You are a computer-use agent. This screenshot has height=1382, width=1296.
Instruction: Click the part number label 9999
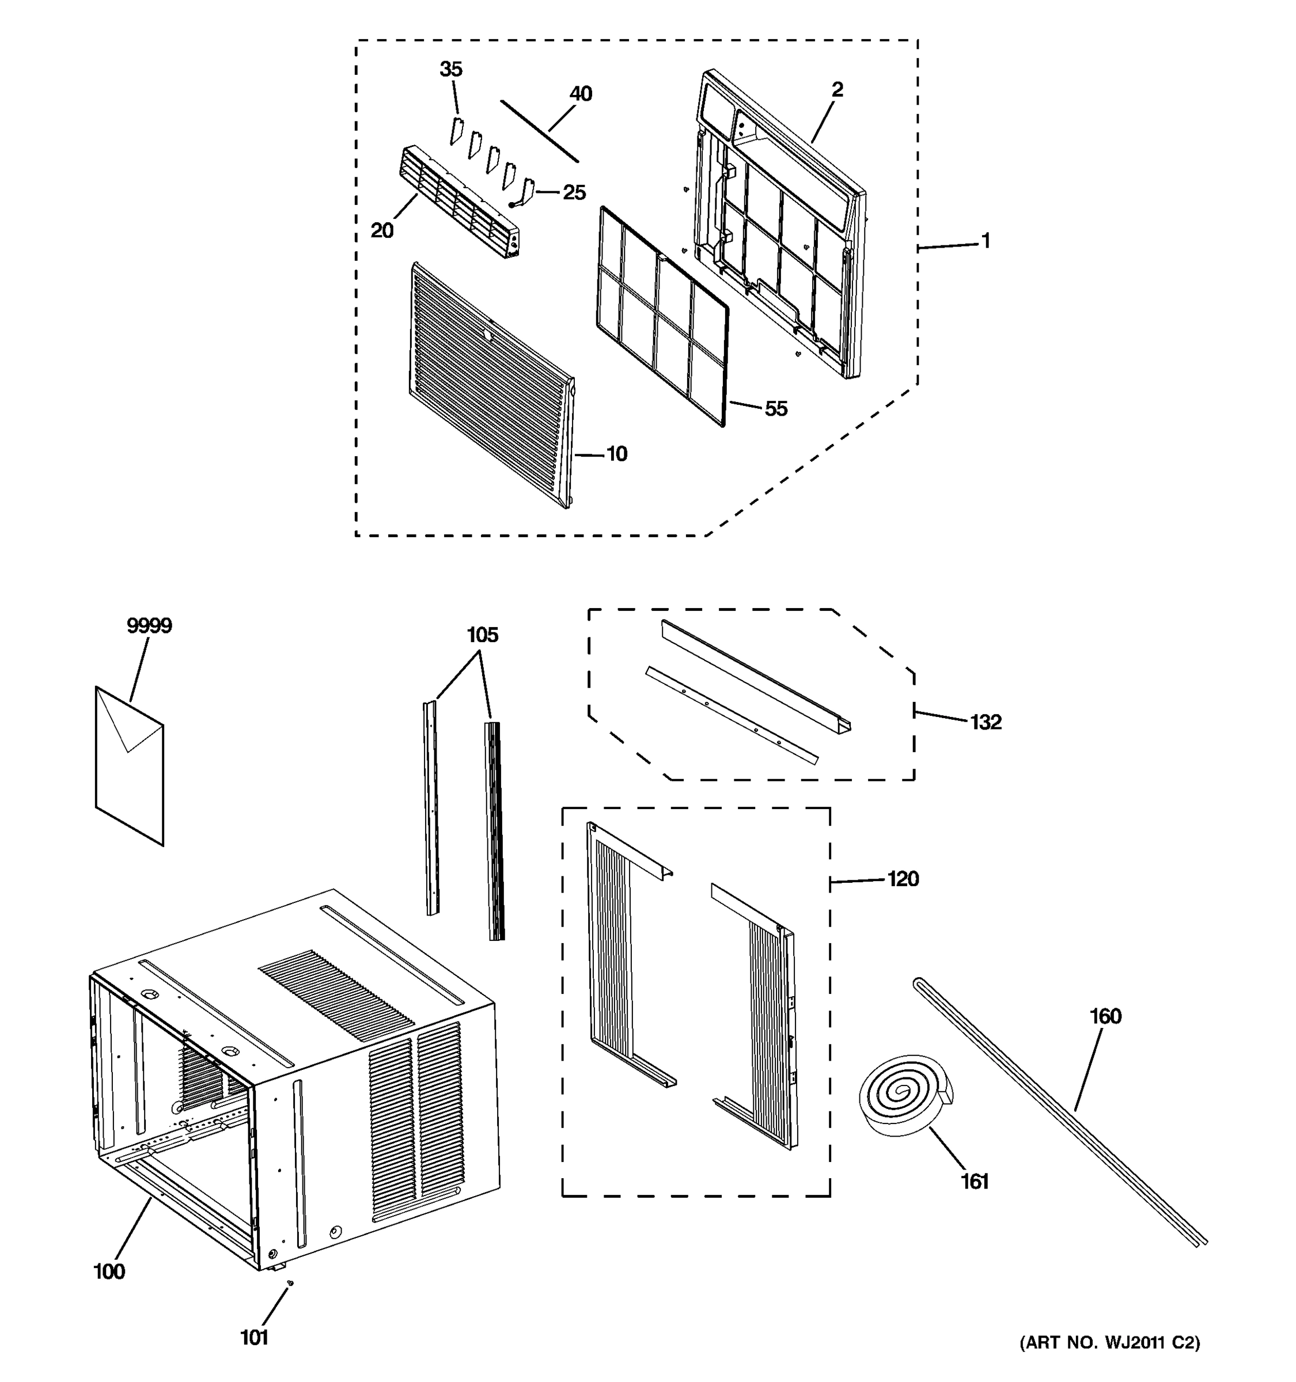(x=149, y=626)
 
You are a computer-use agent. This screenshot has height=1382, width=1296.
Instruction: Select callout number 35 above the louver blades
(x=450, y=69)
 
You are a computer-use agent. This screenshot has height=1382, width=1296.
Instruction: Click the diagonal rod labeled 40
(x=539, y=131)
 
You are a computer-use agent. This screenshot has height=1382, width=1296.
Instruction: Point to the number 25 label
(x=574, y=192)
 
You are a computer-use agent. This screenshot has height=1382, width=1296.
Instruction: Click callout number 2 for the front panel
(x=837, y=89)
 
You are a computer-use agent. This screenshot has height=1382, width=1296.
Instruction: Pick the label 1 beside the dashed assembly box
(x=985, y=241)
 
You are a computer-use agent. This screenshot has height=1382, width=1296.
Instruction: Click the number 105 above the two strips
(x=482, y=635)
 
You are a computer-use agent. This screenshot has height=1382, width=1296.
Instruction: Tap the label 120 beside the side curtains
(x=903, y=879)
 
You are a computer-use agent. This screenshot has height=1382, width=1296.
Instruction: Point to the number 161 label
(x=974, y=1181)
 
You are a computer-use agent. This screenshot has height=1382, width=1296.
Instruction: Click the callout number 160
(x=1105, y=1016)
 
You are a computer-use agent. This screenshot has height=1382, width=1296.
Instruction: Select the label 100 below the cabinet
(x=109, y=1271)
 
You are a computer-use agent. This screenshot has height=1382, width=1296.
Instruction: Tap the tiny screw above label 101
(x=290, y=1284)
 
